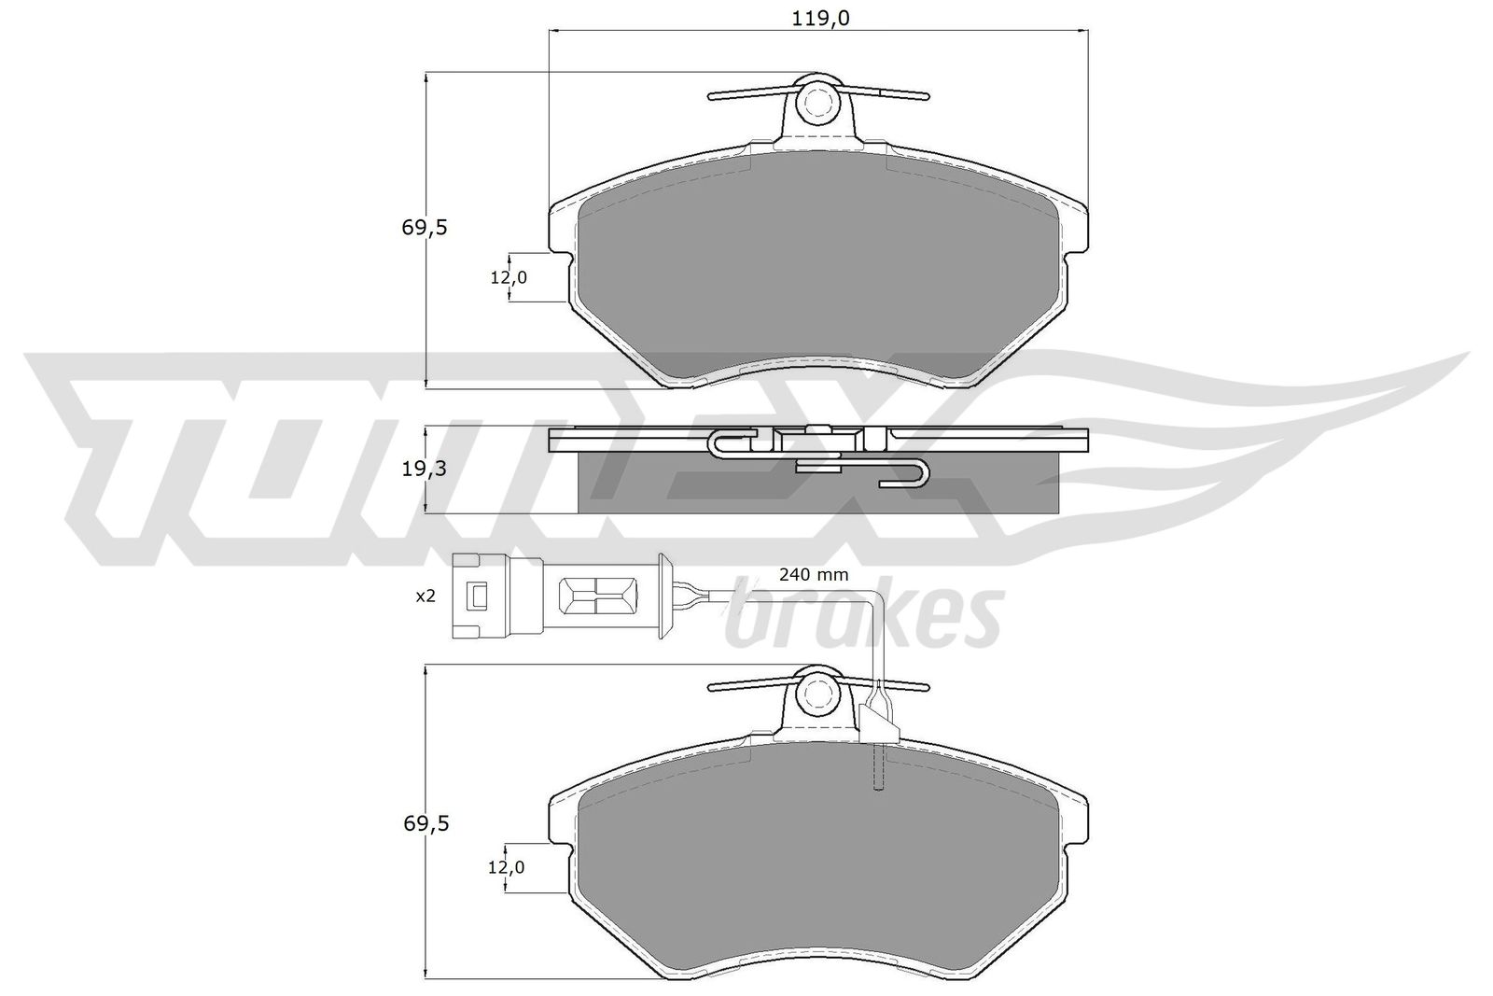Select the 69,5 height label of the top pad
426,227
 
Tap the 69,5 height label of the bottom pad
426,823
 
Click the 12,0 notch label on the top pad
509,277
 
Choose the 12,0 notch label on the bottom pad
506,867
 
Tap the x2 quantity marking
426,596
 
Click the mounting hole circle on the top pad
817,102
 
